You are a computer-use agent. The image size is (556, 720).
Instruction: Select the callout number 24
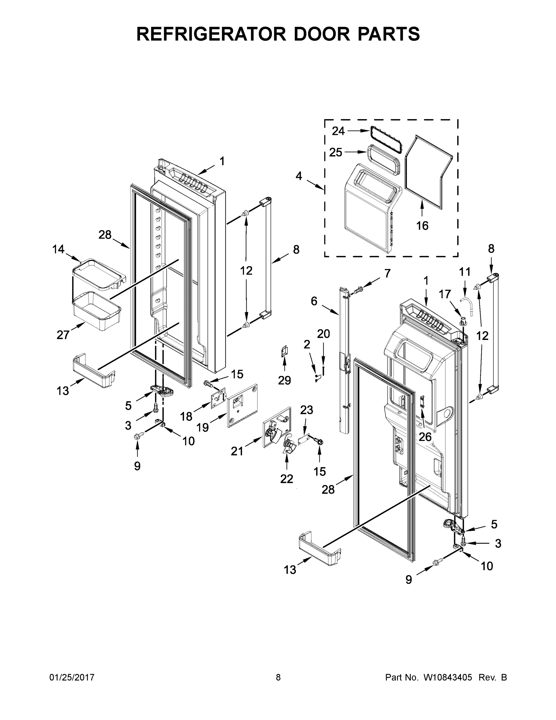pos(338,131)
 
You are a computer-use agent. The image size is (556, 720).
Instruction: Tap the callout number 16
pos(422,226)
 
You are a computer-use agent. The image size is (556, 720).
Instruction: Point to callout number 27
pos(63,335)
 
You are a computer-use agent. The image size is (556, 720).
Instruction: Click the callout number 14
pos(58,249)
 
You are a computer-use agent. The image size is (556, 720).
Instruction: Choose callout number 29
pos(284,380)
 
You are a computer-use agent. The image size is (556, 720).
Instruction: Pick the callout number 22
pos(287,479)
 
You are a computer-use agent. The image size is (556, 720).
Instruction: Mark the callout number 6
pos(314,301)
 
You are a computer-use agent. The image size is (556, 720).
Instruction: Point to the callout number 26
pos(425,437)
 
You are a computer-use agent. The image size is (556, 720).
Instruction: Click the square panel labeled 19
pos(242,406)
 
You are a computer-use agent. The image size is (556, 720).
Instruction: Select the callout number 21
pos(237,451)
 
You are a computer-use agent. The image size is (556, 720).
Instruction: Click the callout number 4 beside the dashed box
pos(299,176)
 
